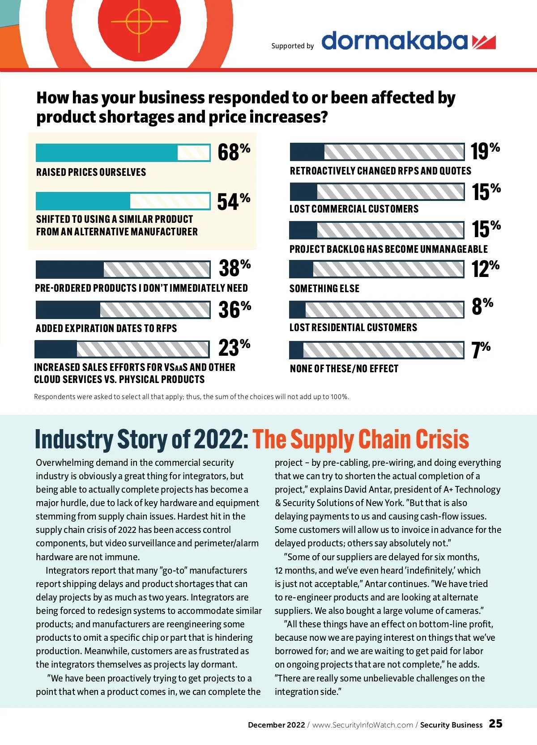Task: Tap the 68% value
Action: click(x=233, y=152)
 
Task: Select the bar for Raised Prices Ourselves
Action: click(x=123, y=153)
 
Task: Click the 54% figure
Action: click(x=233, y=201)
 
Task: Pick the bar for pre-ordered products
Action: click(x=123, y=270)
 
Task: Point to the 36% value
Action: click(x=234, y=310)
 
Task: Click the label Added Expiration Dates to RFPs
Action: click(x=107, y=328)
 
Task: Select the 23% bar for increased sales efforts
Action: click(x=122, y=349)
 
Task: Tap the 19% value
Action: click(x=485, y=151)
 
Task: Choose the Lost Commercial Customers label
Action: click(x=354, y=209)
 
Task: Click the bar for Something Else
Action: click(x=377, y=269)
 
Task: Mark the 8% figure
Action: click(x=482, y=307)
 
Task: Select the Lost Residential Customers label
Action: click(x=353, y=328)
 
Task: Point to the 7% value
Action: click(x=481, y=350)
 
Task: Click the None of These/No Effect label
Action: click(x=344, y=369)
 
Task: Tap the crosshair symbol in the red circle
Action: click(x=139, y=21)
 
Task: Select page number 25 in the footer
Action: click(x=495, y=724)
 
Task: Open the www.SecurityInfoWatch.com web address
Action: click(x=362, y=725)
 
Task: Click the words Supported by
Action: click(x=293, y=46)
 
